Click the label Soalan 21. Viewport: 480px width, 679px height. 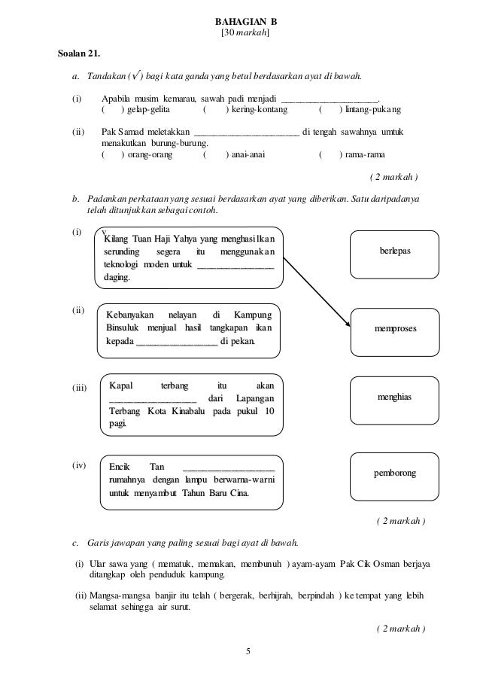click(77, 54)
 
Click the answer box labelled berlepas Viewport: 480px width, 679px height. click(394, 251)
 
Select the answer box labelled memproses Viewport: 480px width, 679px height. click(395, 329)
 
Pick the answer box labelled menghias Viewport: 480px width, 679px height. click(394, 395)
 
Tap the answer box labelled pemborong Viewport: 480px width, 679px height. click(394, 473)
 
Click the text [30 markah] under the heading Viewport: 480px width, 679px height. click(242, 35)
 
